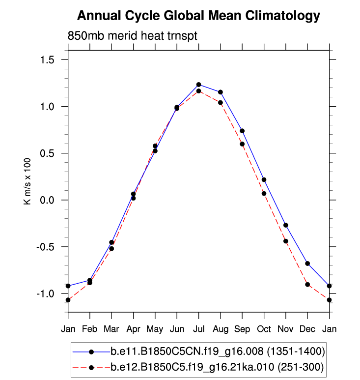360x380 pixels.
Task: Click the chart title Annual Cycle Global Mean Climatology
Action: click(198, 16)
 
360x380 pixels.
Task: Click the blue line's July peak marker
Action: click(198, 85)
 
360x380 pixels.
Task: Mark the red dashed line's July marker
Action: click(198, 91)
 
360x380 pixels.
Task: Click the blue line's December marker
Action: click(307, 263)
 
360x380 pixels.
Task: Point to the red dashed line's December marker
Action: click(307, 285)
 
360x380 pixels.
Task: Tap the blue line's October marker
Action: click(264, 180)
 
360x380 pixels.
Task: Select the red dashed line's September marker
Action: click(242, 144)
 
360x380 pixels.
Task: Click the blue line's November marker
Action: click(286, 225)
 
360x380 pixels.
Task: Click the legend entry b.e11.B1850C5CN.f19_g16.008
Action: click(216, 351)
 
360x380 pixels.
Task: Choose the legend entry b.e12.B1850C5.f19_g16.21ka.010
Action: click(216, 367)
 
